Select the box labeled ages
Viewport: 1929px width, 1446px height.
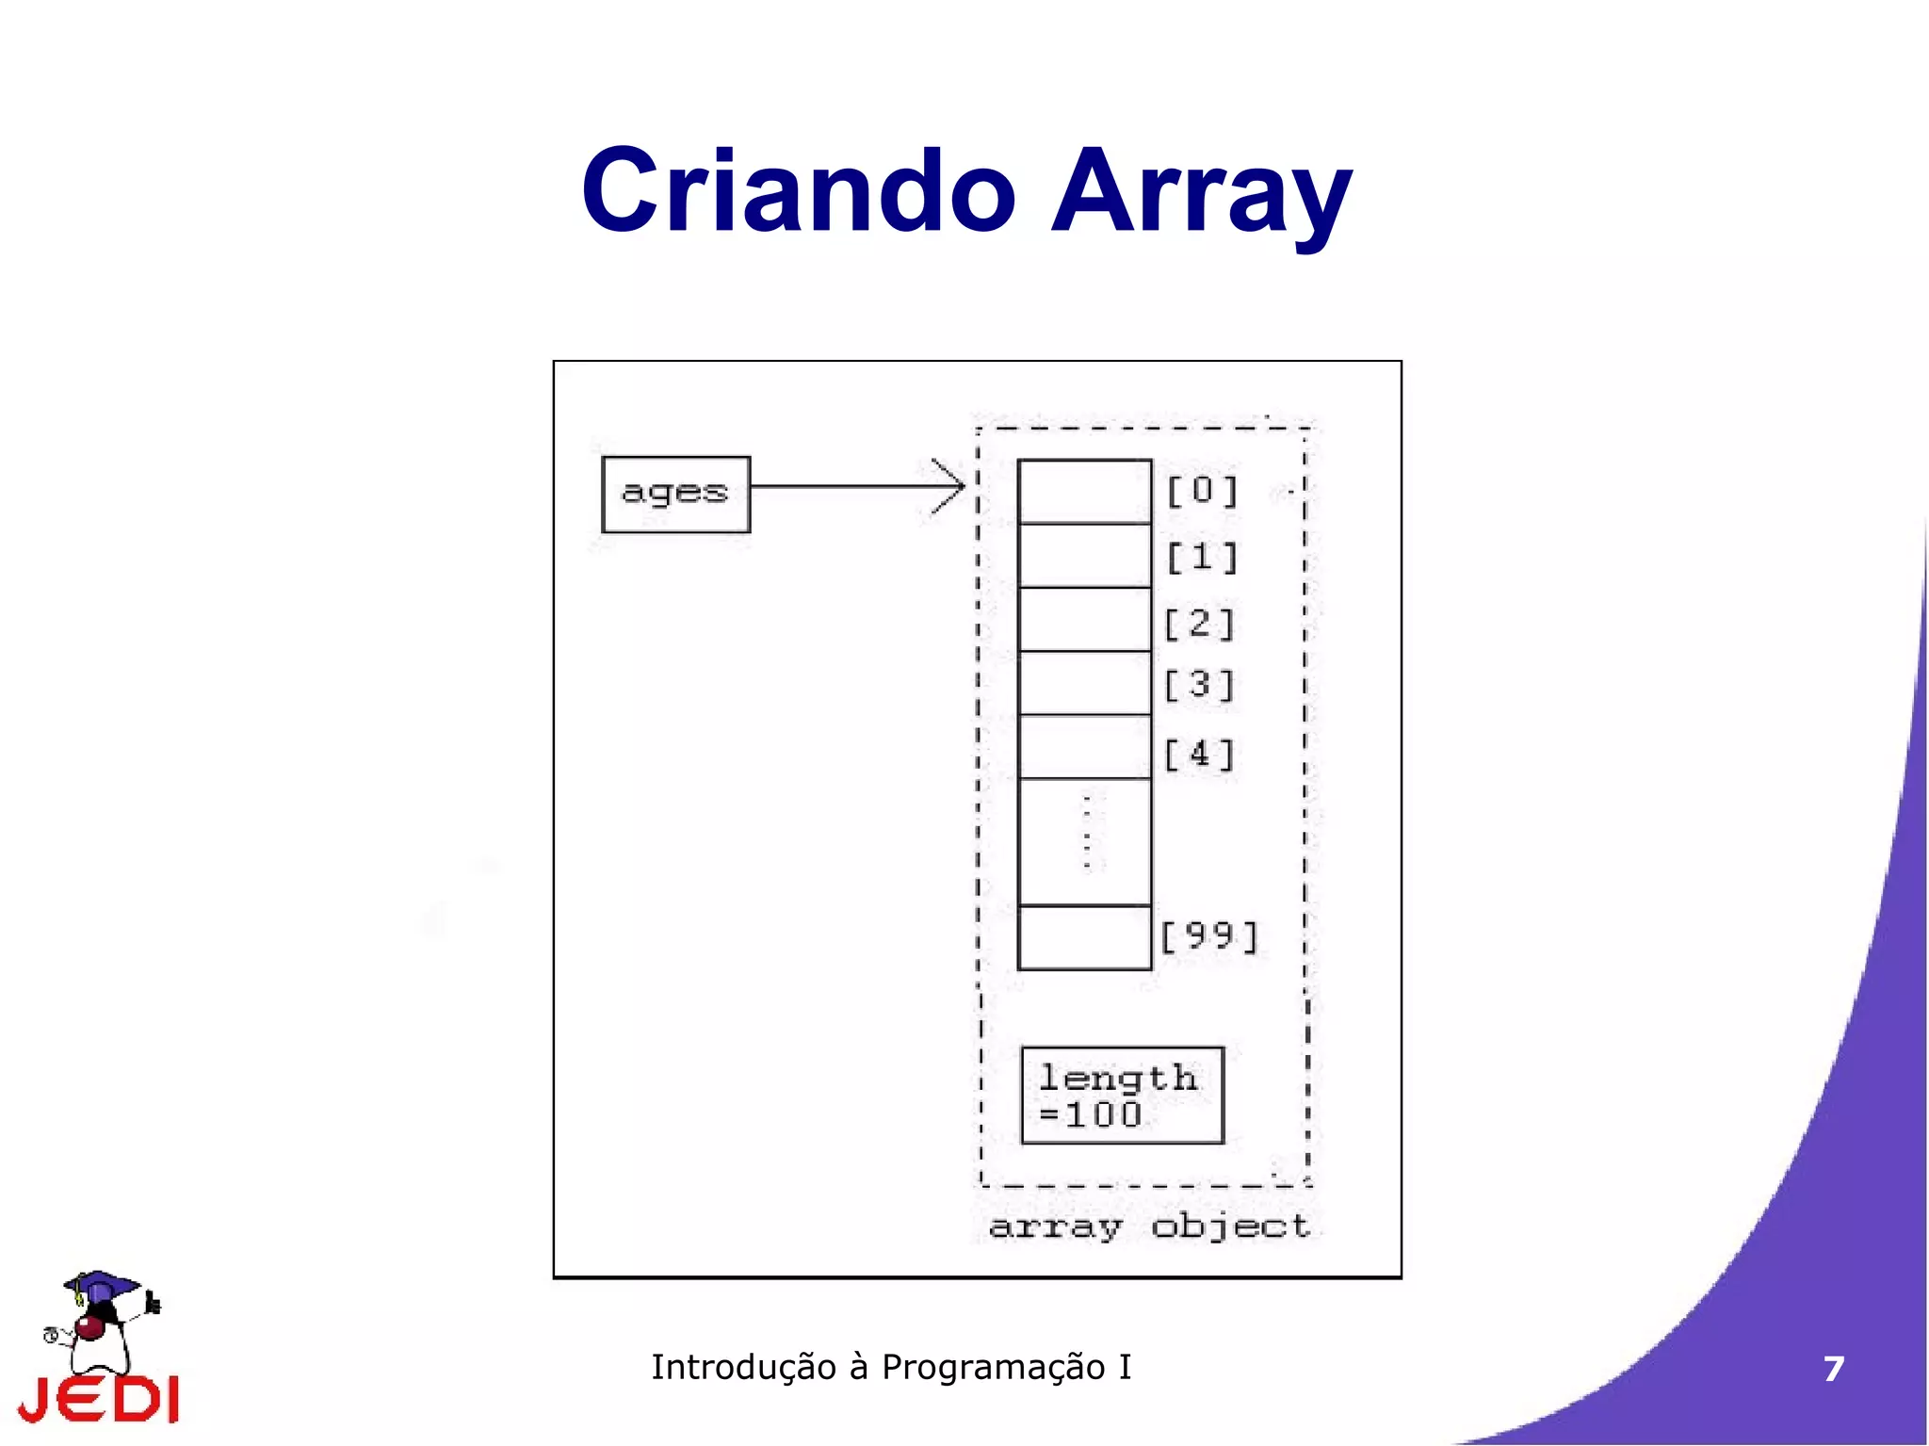(x=675, y=494)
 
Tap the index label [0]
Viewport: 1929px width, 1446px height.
(x=1202, y=490)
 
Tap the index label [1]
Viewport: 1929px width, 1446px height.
(x=1202, y=557)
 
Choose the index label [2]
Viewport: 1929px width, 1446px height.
(x=1199, y=623)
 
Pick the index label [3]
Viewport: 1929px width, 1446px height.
(x=1199, y=684)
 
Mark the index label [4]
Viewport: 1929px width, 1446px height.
(x=1199, y=754)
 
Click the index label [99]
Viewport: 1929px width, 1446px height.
(x=1209, y=935)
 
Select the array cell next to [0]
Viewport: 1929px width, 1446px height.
(x=1084, y=491)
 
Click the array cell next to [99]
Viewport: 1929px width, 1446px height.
(x=1084, y=937)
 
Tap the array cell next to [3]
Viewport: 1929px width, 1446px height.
(x=1084, y=683)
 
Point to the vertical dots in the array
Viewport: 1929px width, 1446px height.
(x=1087, y=833)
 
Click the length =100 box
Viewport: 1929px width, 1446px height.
(x=1122, y=1095)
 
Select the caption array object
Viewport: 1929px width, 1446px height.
(x=1149, y=1226)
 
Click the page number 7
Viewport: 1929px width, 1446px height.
(x=1833, y=1369)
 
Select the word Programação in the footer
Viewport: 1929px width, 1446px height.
(x=993, y=1367)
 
